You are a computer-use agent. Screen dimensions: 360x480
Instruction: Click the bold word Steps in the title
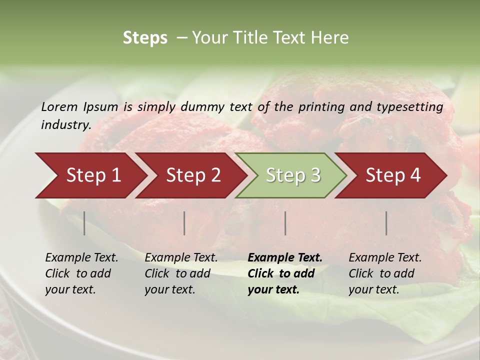[145, 38]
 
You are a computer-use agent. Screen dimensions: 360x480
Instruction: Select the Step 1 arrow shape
[90, 175]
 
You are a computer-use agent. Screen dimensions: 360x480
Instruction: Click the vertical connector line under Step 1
[84, 223]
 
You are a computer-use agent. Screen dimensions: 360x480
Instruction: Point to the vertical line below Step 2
[184, 223]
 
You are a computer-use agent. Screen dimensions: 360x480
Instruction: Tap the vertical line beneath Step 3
[285, 223]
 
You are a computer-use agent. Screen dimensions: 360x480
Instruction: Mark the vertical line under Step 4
[386, 223]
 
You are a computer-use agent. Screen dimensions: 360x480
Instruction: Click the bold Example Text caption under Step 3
[285, 273]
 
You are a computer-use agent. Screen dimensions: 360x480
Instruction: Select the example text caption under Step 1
[81, 273]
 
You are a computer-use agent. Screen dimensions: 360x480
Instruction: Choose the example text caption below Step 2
[181, 273]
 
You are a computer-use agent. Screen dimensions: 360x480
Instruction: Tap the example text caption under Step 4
[385, 273]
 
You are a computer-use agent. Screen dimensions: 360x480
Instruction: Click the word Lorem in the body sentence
[59, 106]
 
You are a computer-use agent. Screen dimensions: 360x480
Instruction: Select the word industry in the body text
[65, 124]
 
